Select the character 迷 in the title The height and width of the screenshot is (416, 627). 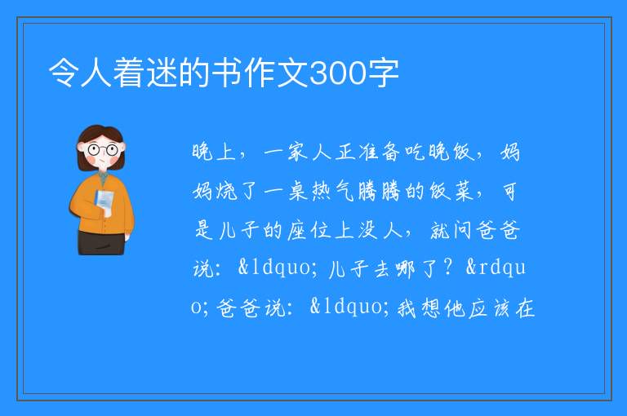click(162, 73)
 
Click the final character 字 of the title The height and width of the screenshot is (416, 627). click(383, 73)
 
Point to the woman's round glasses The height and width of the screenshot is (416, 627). click(103, 150)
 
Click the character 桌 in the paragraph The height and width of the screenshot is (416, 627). click(298, 191)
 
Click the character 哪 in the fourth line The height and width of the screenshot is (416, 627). click(405, 268)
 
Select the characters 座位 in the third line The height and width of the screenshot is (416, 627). click(309, 230)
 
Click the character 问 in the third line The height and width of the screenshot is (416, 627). click(463, 230)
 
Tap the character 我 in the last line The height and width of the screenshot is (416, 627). click(407, 308)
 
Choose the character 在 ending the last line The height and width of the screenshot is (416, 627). click(525, 308)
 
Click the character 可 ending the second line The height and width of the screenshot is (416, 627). click(509, 191)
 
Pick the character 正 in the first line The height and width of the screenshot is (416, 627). click(345, 153)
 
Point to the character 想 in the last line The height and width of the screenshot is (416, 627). click(431, 308)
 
